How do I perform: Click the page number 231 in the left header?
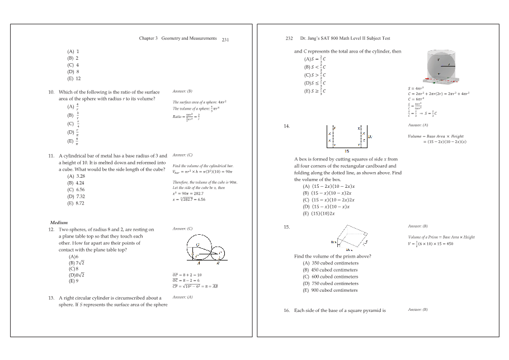225,39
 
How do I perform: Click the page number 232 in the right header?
289,39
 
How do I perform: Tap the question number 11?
52,155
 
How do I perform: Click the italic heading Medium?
59,222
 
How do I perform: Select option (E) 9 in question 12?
73,281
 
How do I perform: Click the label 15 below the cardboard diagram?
347,151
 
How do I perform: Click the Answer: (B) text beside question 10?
183,91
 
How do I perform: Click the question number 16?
287,310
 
